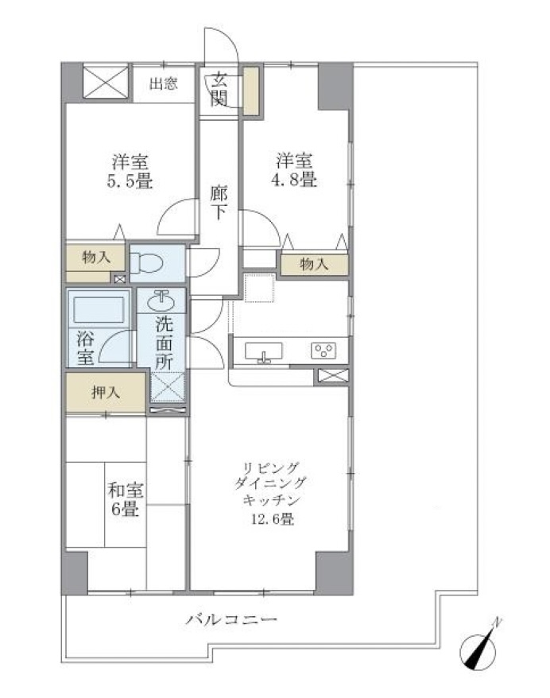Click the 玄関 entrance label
(219, 89)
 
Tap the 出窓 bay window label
(163, 83)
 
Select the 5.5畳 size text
(130, 181)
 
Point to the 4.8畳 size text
(294, 180)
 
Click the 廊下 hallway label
(219, 203)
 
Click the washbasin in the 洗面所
(161, 301)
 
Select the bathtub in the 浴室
(99, 309)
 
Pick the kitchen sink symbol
(263, 351)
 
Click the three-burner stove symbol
(323, 350)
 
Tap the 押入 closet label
(106, 392)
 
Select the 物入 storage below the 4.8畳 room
(314, 265)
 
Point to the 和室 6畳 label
(125, 499)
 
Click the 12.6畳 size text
(273, 519)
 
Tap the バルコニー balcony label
(231, 619)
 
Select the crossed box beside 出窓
(106, 82)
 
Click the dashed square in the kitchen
(259, 288)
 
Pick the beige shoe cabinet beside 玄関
(250, 91)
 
